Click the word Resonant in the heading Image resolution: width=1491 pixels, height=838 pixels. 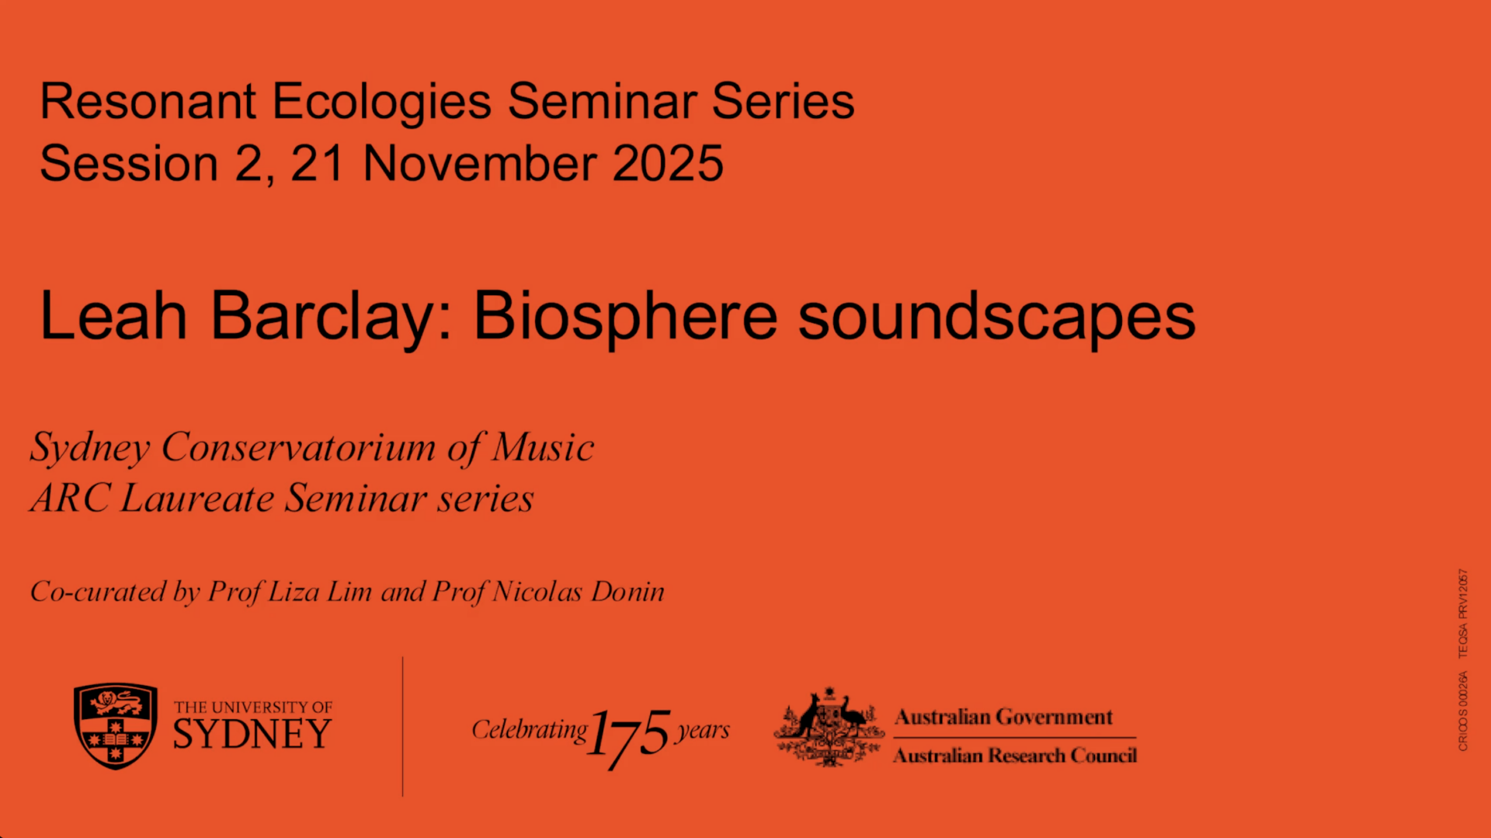[148, 101]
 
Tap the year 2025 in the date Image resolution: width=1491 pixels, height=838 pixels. [668, 163]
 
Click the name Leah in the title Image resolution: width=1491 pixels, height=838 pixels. [113, 315]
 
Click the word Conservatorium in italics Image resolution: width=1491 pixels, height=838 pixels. [298, 447]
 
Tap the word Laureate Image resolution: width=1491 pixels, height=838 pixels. [197, 498]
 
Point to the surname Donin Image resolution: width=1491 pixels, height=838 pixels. [627, 592]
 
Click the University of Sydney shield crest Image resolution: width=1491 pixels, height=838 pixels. [116, 726]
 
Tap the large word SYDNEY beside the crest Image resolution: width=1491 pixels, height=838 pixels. [252, 734]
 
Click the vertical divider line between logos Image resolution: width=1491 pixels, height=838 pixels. [402, 726]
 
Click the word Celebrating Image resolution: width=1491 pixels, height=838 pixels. [530, 730]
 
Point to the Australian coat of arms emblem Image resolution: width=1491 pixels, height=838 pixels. [829, 727]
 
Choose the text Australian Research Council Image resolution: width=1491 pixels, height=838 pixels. [1015, 756]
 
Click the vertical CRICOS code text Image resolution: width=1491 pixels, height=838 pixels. [1463, 711]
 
